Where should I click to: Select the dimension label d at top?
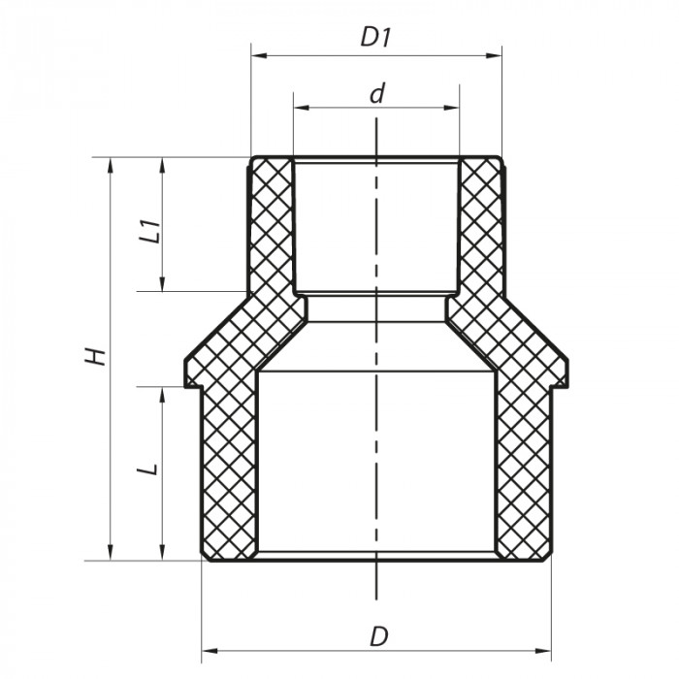click(377, 93)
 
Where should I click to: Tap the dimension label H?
click(95, 356)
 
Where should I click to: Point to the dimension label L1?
click(148, 233)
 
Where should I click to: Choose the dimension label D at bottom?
click(379, 637)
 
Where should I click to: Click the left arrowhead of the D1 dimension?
click(256, 56)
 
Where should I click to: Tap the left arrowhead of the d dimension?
click(299, 107)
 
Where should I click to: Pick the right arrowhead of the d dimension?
click(453, 107)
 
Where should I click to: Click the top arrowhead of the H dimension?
click(112, 163)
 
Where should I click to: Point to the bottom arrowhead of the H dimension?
click(112, 554)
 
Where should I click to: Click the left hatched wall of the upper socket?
click(272, 228)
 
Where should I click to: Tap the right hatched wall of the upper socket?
click(480, 228)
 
